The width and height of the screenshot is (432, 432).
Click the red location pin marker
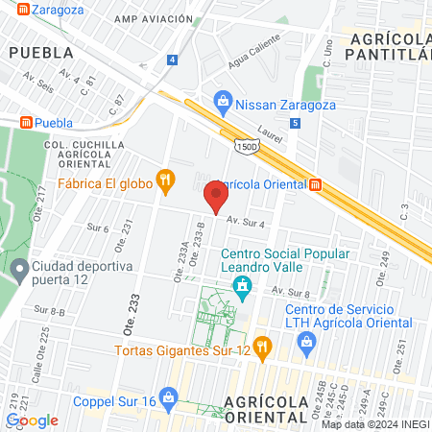(x=216, y=197)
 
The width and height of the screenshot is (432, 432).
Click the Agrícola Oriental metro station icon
(x=315, y=183)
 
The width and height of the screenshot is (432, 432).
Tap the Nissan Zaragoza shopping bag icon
(x=223, y=100)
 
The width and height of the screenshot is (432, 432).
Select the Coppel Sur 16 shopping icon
(x=169, y=396)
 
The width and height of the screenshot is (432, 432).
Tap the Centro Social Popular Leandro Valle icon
(x=244, y=284)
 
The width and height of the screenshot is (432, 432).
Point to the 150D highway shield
(x=246, y=145)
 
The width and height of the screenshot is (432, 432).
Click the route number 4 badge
(x=172, y=60)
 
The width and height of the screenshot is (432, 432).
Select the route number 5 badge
(x=295, y=123)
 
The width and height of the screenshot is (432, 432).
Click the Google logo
(x=33, y=420)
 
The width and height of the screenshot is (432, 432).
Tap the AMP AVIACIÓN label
(x=147, y=19)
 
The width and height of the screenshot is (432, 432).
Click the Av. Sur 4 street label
(x=245, y=223)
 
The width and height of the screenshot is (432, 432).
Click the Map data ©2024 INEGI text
(x=374, y=424)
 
